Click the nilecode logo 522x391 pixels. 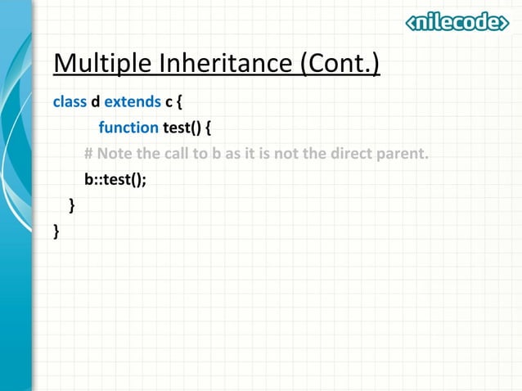[x=457, y=23]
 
